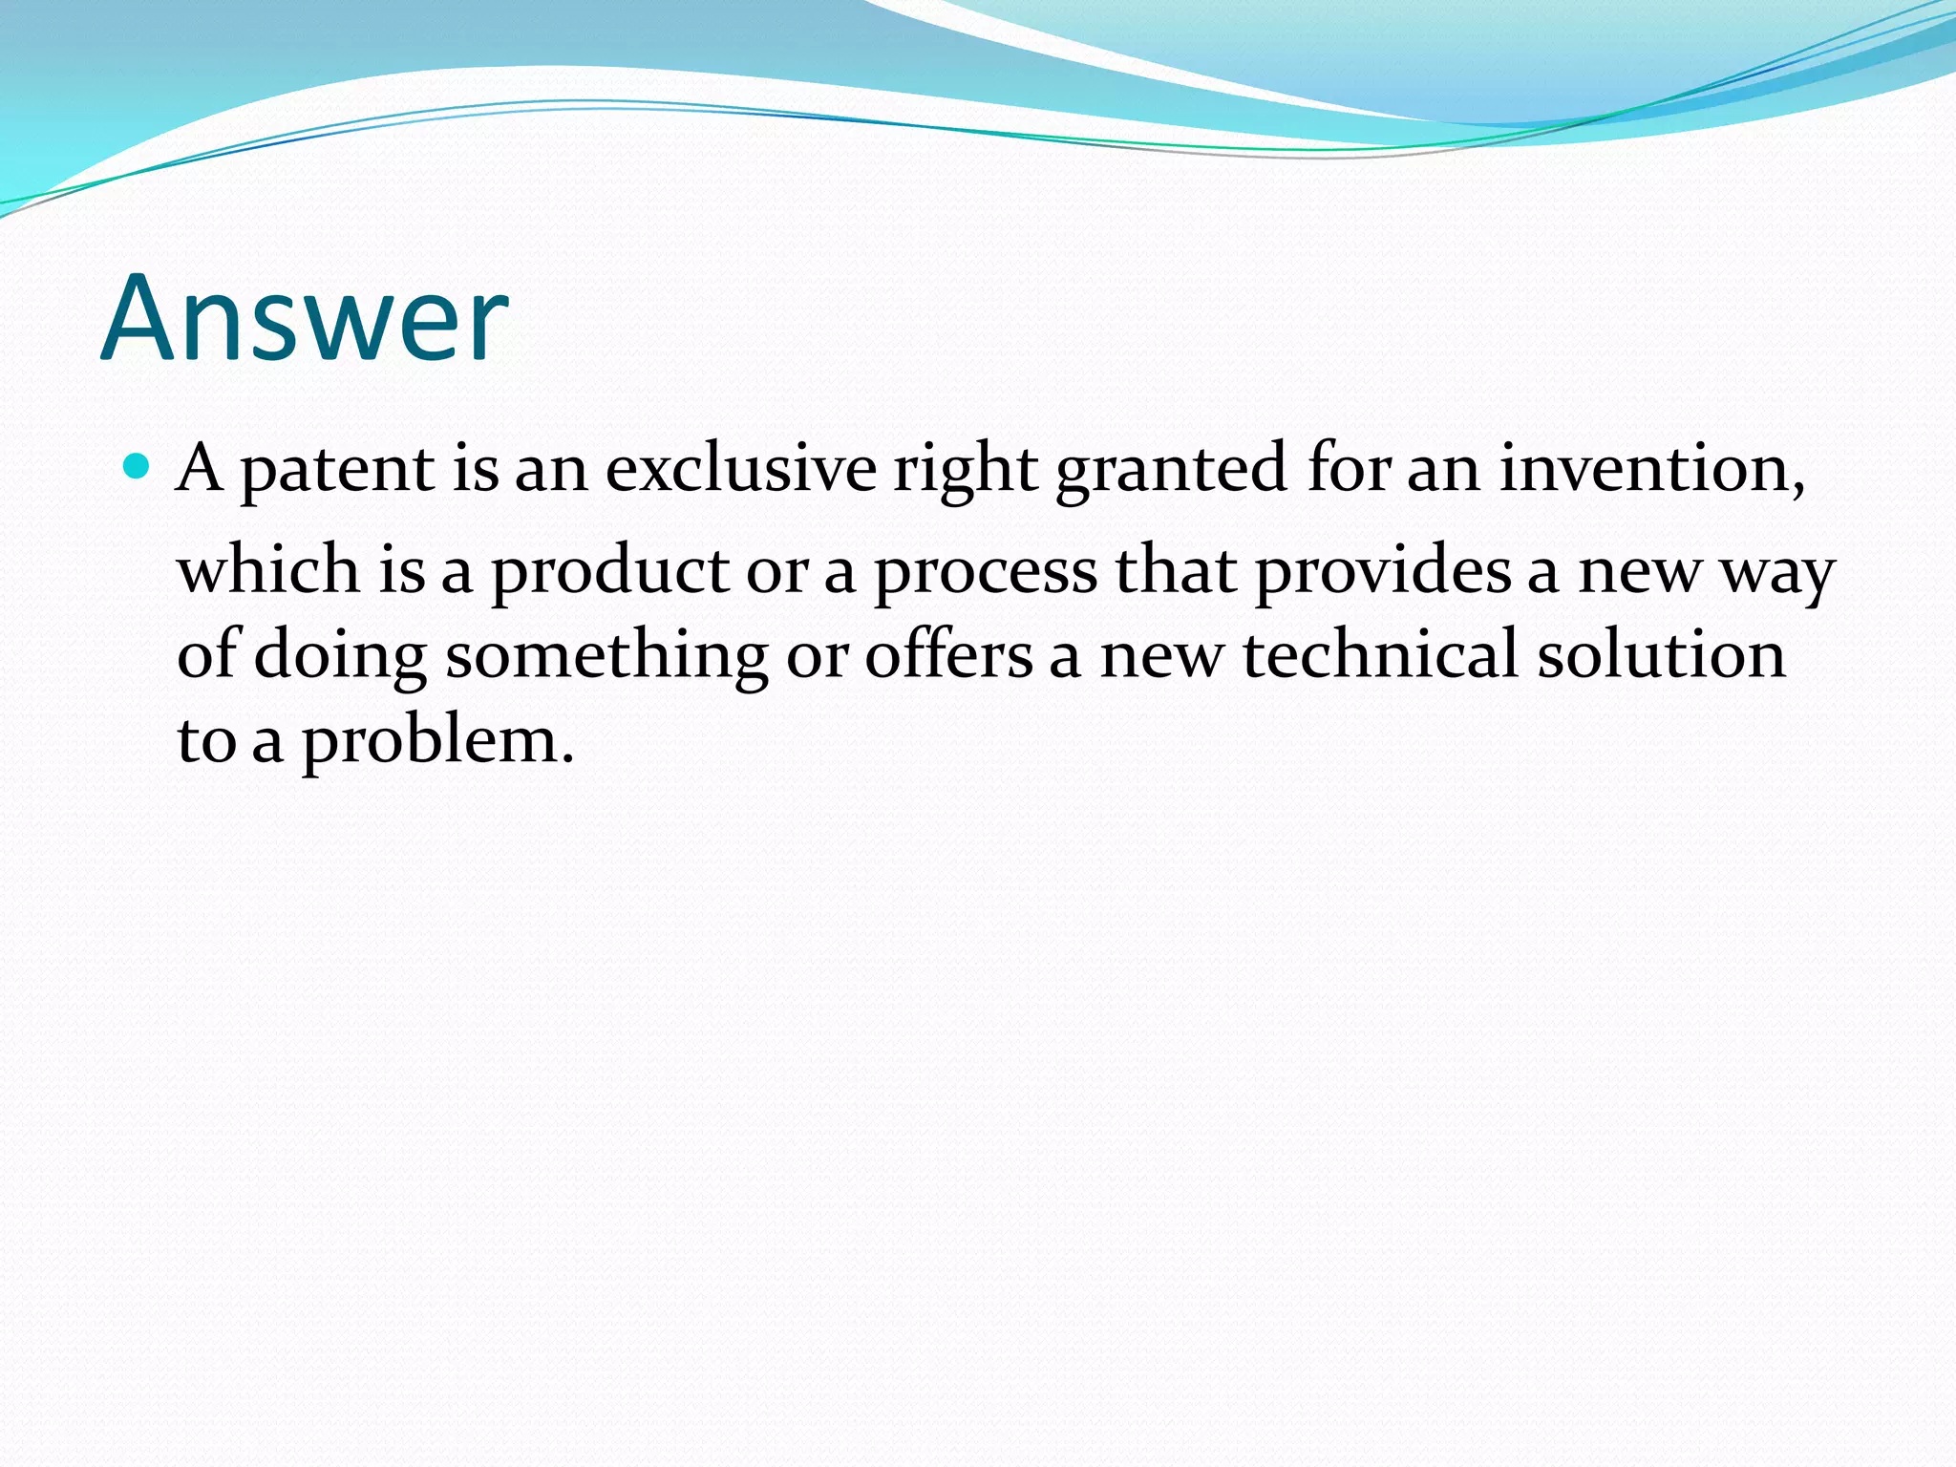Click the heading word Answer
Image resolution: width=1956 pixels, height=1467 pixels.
click(x=305, y=319)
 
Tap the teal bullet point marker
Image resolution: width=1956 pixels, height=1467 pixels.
click(x=138, y=466)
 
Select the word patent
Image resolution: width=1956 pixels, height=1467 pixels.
click(x=337, y=470)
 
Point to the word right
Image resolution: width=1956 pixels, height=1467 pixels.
click(x=965, y=470)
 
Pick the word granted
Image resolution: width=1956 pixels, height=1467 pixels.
click(x=1171, y=470)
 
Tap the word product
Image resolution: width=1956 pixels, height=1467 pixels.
click(x=610, y=571)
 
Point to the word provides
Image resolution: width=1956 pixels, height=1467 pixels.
click(x=1383, y=571)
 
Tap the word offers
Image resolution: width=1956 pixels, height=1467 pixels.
click(x=948, y=655)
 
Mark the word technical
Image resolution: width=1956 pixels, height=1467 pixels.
click(x=1380, y=655)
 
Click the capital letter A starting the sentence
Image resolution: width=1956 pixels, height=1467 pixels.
click(x=201, y=468)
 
